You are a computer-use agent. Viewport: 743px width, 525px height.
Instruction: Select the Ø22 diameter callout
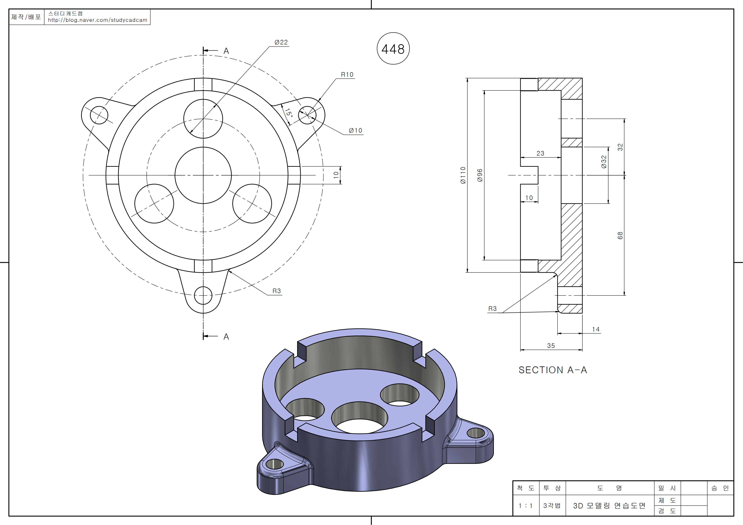(281, 42)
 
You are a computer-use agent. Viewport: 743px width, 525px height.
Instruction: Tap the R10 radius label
(347, 75)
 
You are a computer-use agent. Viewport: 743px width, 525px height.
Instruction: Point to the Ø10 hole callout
(355, 130)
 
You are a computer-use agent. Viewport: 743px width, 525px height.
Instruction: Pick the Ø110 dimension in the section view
(463, 175)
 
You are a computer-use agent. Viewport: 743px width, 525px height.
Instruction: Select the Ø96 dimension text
(480, 175)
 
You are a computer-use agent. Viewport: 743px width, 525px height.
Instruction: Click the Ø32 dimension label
(604, 162)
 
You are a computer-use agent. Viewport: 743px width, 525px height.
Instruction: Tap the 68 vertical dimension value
(620, 235)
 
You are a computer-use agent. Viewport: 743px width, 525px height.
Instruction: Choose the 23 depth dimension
(540, 153)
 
